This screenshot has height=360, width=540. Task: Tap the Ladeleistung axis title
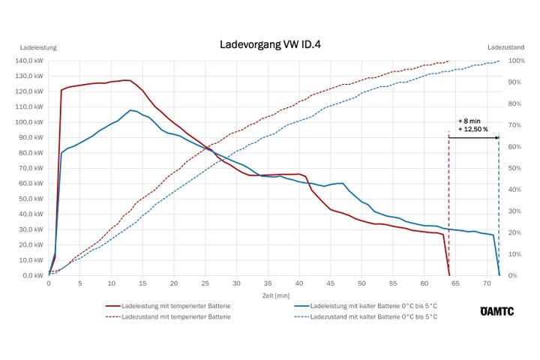(x=38, y=47)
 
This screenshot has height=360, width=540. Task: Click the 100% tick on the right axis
(x=516, y=61)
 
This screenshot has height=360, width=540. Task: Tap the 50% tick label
(x=514, y=168)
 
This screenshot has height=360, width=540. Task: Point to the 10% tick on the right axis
(x=514, y=254)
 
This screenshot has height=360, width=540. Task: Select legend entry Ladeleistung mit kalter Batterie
(x=374, y=307)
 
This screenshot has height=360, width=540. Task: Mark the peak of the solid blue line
(x=130, y=110)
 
